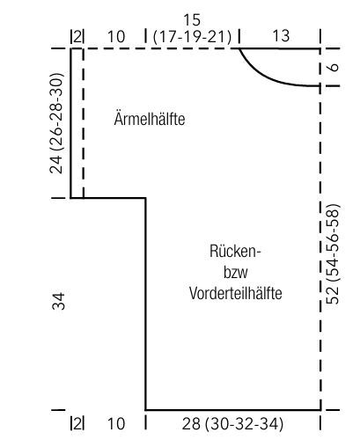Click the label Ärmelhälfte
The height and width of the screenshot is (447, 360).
pos(150,119)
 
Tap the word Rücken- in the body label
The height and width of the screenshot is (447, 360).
pos(235,252)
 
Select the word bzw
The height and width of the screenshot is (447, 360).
pos(236,273)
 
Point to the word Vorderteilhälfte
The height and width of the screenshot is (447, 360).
pos(236,293)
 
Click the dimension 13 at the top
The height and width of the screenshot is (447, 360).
pos(281,36)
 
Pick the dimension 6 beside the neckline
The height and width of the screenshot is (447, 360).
pos(334,67)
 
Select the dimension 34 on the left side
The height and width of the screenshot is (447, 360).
pos(58,301)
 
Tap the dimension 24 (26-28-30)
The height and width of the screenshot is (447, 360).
pos(56,123)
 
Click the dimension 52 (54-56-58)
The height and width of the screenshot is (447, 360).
pos(333,254)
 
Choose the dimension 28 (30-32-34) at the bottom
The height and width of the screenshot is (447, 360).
pos(232,424)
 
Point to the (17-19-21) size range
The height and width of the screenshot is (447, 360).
pos(192,37)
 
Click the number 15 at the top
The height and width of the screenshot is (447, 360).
pos(192,20)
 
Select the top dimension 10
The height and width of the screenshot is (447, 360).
pos(116,37)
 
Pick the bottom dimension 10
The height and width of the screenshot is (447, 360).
pos(116,424)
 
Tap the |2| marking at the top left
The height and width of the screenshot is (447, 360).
pos(77,37)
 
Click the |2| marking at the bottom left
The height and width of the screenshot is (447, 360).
pos(77,424)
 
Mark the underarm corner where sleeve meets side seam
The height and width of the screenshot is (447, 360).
pos(145,198)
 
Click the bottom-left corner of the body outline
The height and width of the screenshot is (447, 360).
pos(145,409)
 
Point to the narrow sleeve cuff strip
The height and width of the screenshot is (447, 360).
pos(77,123)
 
